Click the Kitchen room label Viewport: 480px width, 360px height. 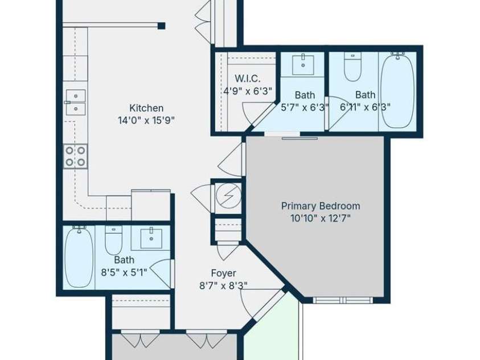pyautogui.click(x=146, y=108)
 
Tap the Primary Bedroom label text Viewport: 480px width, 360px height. pyautogui.click(x=321, y=206)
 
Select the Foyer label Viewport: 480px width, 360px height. pyautogui.click(x=223, y=273)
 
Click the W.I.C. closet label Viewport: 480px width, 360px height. pyautogui.click(x=248, y=79)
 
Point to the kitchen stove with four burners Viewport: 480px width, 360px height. pyautogui.click(x=75, y=157)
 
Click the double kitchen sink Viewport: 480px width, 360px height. pyautogui.click(x=76, y=102)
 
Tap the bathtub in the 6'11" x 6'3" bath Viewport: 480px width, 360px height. pyautogui.click(x=397, y=91)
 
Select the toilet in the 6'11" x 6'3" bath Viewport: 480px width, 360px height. pyautogui.click(x=352, y=67)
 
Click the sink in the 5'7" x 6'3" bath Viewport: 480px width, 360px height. pyautogui.click(x=303, y=64)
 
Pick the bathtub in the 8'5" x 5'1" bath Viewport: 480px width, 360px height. pyautogui.click(x=79, y=257)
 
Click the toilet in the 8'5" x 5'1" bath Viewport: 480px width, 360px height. pyautogui.click(x=113, y=240)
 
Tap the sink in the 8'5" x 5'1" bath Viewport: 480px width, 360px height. pyautogui.click(x=151, y=238)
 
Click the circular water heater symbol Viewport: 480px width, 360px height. pyautogui.click(x=228, y=196)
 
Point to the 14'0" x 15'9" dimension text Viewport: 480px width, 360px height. pyautogui.click(x=146, y=120)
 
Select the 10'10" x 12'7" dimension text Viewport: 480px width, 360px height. pyautogui.click(x=321, y=218)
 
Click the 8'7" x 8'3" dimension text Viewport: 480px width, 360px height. pyautogui.click(x=223, y=285)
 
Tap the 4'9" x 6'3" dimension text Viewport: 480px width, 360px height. pyautogui.click(x=248, y=91)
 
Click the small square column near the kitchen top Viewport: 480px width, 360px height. pyautogui.click(x=161, y=26)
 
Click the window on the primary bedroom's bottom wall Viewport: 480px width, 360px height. pyautogui.click(x=342, y=300)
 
